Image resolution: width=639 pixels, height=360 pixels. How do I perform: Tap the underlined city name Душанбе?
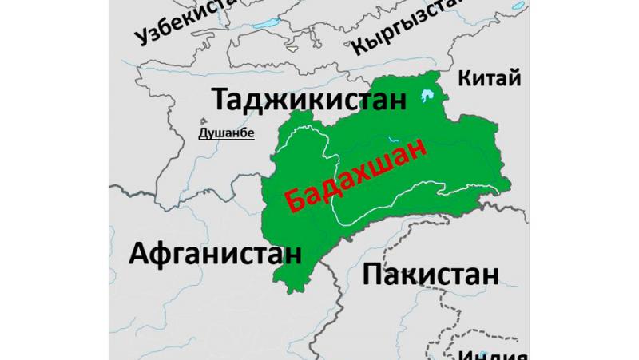(226, 133)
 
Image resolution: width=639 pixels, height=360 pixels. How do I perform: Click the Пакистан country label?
(431, 275)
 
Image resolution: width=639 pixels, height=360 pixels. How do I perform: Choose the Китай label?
(490, 78)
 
